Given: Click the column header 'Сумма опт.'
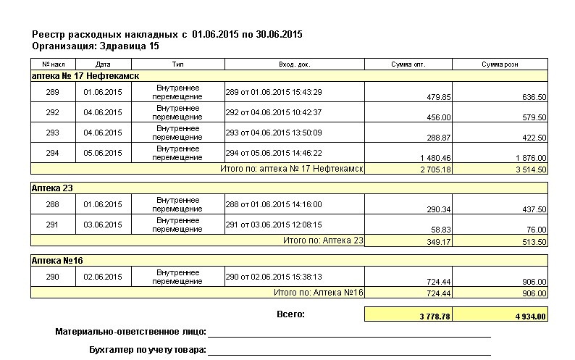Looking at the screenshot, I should (408, 64).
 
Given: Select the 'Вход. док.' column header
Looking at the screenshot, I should (294, 64).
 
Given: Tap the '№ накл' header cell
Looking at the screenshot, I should (52, 64).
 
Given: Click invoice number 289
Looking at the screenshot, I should (52, 92).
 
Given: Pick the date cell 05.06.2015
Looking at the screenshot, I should (103, 153).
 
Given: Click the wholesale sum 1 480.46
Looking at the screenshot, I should (435, 158).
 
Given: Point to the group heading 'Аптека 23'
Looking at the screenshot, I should (53, 188).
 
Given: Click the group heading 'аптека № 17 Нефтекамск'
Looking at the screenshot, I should (85, 75).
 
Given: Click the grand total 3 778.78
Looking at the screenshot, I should (435, 317).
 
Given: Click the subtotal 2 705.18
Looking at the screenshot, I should (435, 169).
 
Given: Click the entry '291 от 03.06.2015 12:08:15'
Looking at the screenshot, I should (274, 225).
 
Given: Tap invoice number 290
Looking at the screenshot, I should (52, 277).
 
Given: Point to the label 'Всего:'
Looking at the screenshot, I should (290, 314).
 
